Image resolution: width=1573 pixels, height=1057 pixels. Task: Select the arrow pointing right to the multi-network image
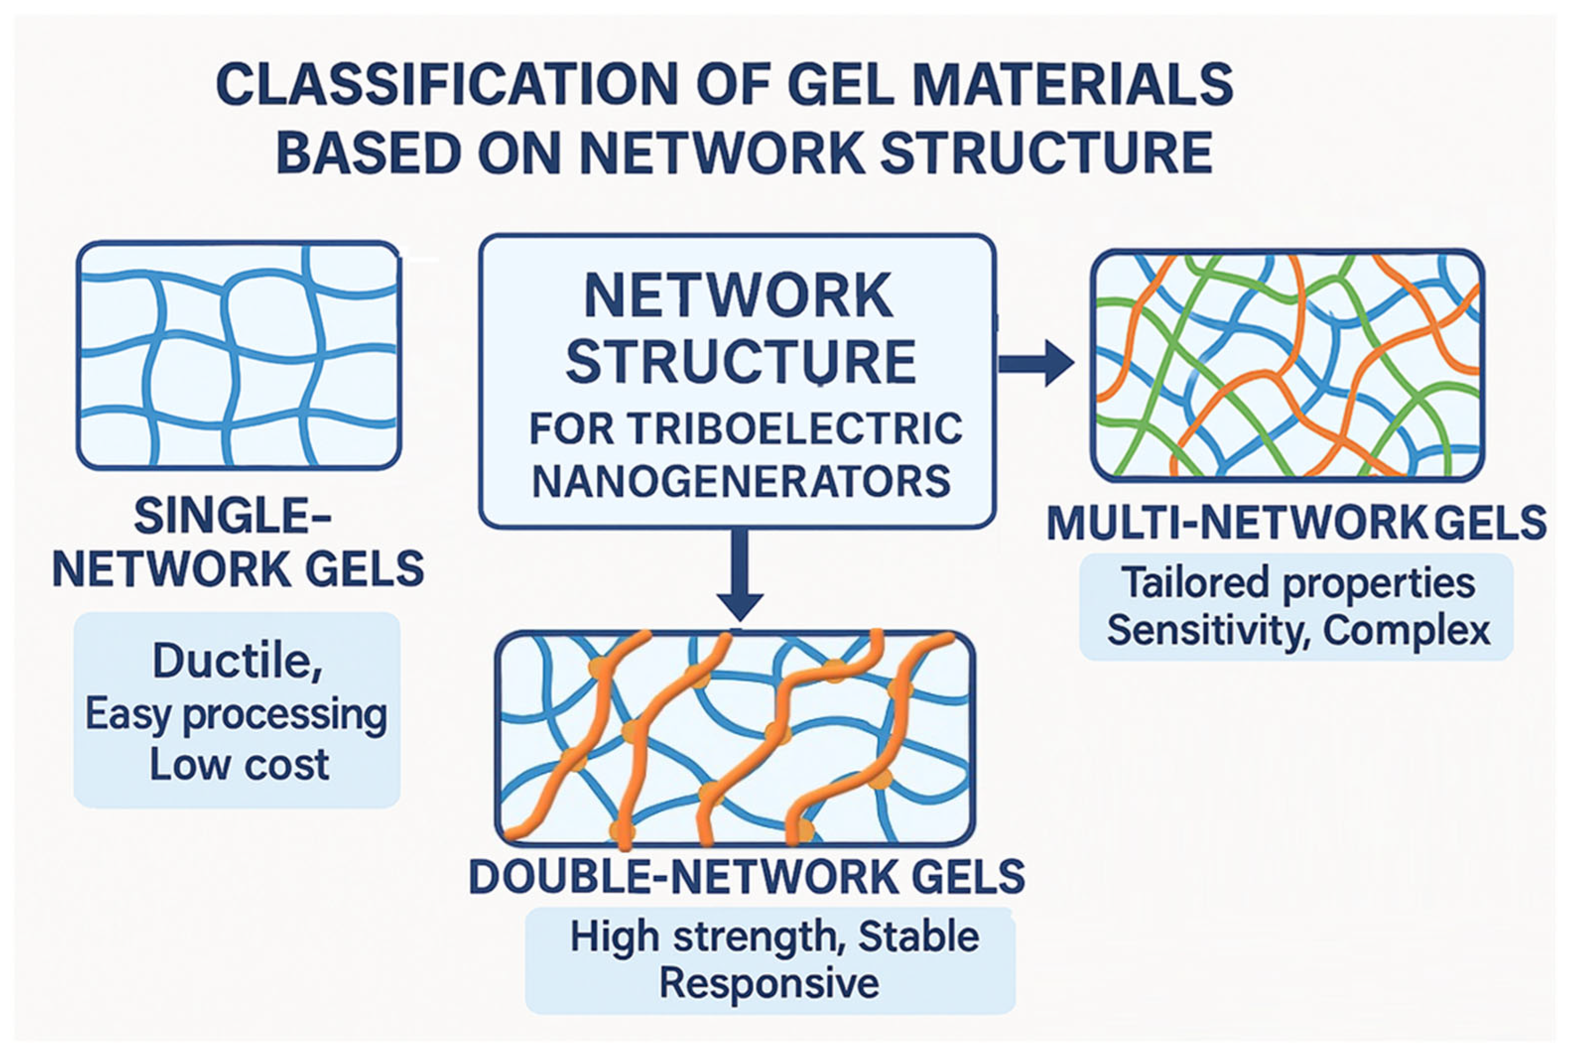click(x=1035, y=364)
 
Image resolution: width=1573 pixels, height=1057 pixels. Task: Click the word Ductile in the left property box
click(x=233, y=661)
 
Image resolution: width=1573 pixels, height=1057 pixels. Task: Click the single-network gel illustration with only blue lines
click(x=239, y=355)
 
